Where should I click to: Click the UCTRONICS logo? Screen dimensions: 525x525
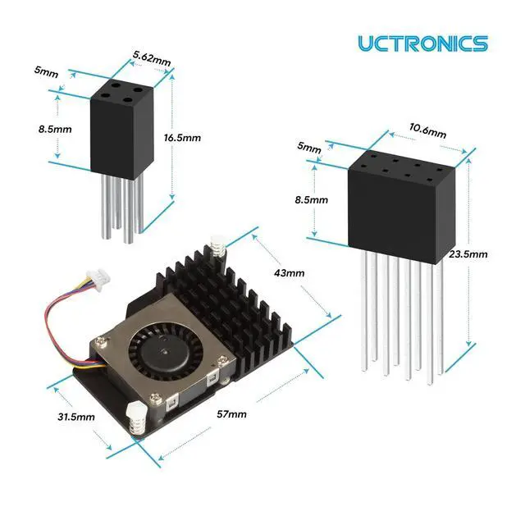pyautogui.click(x=423, y=43)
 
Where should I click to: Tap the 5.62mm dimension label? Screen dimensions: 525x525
pyautogui.click(x=152, y=59)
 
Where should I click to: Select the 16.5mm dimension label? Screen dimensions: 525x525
pyautogui.click(x=182, y=138)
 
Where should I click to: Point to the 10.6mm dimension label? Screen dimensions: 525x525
pyautogui.click(x=427, y=131)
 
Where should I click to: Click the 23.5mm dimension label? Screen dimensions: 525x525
pyautogui.click(x=468, y=254)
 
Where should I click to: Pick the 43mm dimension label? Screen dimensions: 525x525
pyautogui.click(x=290, y=273)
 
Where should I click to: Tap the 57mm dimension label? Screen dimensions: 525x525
pyautogui.click(x=231, y=414)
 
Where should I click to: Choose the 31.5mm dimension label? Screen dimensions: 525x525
pyautogui.click(x=76, y=417)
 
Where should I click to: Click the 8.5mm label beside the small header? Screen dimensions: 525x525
pyautogui.click(x=55, y=130)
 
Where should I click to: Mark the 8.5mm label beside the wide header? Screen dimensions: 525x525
pyautogui.click(x=312, y=200)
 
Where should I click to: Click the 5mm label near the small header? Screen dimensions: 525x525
pyautogui.click(x=46, y=71)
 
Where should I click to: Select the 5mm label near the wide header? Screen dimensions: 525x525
pyautogui.click(x=309, y=147)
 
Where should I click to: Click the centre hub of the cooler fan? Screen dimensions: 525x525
pyautogui.click(x=164, y=352)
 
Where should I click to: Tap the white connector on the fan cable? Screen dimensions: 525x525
pyautogui.click(x=98, y=276)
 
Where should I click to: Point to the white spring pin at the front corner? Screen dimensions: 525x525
pyautogui.click(x=135, y=418)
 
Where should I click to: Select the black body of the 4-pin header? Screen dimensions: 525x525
pyautogui.click(x=122, y=129)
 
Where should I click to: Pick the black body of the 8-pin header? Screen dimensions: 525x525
pyautogui.click(x=402, y=208)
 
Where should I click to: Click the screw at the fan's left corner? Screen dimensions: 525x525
pyautogui.click(x=100, y=341)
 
